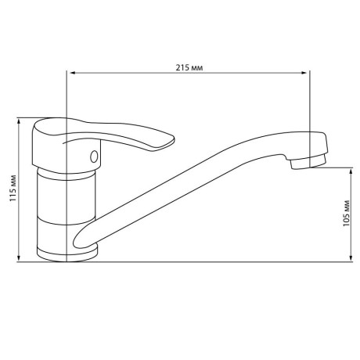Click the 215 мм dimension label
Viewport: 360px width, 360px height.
[x=189, y=68]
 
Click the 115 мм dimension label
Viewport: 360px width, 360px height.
[x=13, y=188]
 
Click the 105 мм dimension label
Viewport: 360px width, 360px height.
[x=346, y=213]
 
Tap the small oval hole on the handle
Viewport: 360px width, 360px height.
[x=94, y=157]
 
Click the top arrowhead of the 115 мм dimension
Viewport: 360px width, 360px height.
[x=19, y=121]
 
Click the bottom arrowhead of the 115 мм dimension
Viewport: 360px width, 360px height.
[x=19, y=258]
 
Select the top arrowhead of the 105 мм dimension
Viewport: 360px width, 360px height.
[x=351, y=171]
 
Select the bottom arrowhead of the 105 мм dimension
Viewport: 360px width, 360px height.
[x=351, y=257]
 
